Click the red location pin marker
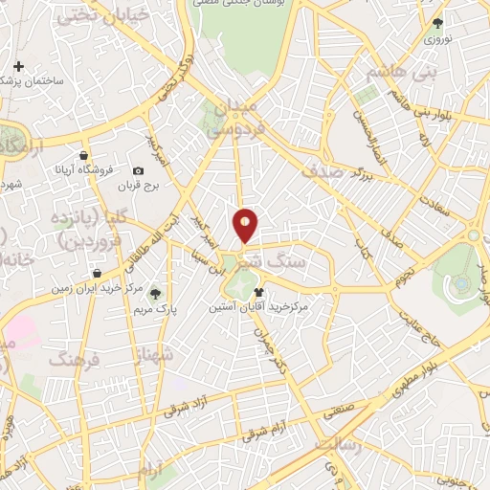click(x=246, y=226)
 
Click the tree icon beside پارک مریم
click(x=155, y=294)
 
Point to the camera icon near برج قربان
click(x=138, y=170)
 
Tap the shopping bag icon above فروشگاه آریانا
click(x=85, y=155)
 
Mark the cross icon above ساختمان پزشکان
click(x=19, y=66)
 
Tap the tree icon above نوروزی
click(x=438, y=23)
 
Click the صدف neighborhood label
click(x=323, y=171)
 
